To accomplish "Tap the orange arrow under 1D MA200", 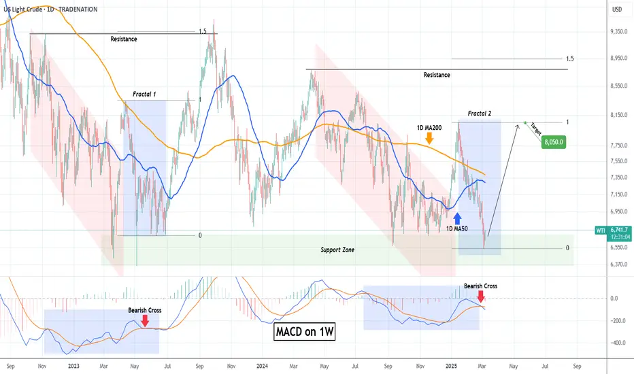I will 429,138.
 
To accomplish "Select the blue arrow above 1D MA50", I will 457,218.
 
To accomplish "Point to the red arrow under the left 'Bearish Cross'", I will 146,321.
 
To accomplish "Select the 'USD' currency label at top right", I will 618,10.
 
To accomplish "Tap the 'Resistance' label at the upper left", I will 124,39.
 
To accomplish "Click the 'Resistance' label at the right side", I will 436,75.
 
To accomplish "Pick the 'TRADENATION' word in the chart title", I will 71,10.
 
